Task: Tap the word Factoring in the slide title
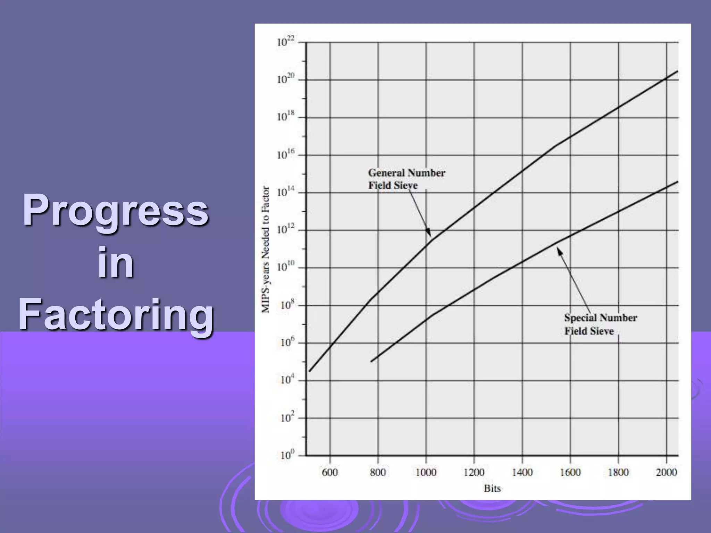point(116,314)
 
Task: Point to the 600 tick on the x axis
point(329,472)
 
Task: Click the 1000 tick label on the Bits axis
point(426,472)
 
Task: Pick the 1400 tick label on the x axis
point(522,472)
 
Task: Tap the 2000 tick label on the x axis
point(666,472)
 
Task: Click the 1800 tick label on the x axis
point(618,472)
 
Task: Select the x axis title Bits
point(492,489)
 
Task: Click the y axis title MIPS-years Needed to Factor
point(266,249)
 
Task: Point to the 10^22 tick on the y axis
point(286,42)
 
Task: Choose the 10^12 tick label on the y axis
point(286,230)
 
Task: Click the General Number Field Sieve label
point(406,179)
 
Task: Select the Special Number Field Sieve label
point(600,324)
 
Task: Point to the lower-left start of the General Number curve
point(310,371)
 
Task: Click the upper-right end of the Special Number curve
point(677,181)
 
